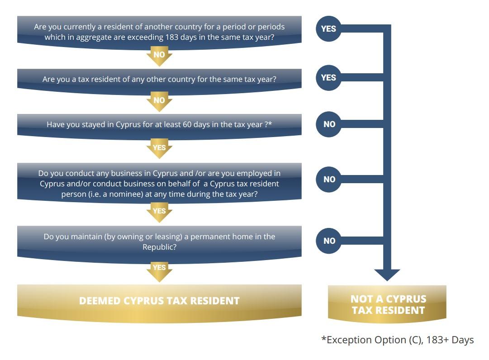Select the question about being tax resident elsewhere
pos(159,80)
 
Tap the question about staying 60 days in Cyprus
pos(159,125)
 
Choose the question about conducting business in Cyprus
pos(159,183)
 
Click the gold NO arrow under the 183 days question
pos(159,56)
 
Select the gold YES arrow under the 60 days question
pos(159,148)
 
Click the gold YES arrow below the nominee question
pos(159,212)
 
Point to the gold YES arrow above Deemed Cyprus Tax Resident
pos(159,271)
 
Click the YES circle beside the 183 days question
pos(329,28)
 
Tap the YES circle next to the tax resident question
pos(329,78)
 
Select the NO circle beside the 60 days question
pos(329,124)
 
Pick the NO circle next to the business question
pos(329,179)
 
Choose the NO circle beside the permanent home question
pos(329,241)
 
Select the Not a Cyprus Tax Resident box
pos(387,304)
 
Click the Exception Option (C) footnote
pos(397,340)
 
